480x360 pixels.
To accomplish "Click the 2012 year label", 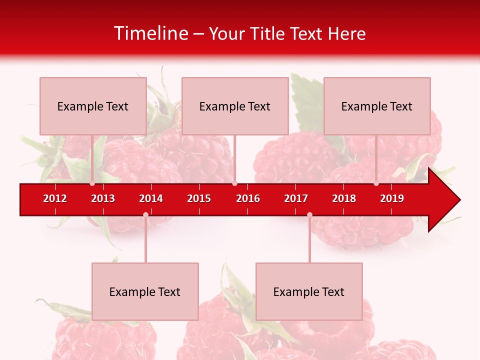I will (55, 198).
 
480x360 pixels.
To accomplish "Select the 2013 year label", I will (103, 198).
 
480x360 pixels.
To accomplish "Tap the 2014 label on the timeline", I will (151, 198).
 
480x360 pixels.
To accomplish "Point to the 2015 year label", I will (199, 198).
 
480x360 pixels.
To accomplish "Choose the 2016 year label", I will (248, 198).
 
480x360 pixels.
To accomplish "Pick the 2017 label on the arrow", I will (296, 198).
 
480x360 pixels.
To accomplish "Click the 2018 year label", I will (344, 198).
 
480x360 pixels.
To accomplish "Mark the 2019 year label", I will (392, 198).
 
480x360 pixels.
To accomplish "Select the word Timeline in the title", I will (150, 33).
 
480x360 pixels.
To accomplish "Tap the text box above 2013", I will (93, 106).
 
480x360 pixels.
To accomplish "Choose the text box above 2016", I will (235, 106).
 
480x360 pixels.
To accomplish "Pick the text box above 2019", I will (377, 106).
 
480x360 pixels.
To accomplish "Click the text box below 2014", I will (145, 291).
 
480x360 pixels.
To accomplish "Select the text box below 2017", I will (309, 291).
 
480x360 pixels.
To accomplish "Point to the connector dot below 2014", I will (145, 214).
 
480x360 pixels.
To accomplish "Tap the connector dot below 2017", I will (309, 214).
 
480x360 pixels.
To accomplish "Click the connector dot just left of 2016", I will (234, 183).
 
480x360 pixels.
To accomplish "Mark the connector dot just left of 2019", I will (376, 183).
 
